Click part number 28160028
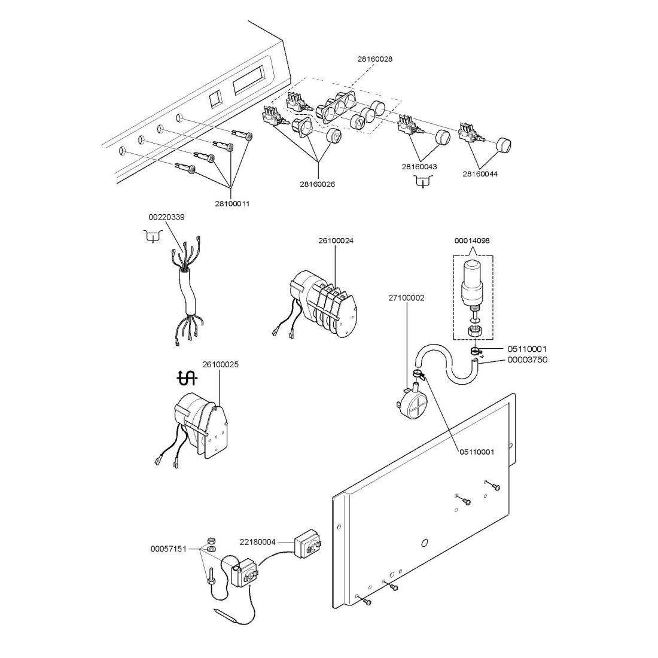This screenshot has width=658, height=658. tap(374, 59)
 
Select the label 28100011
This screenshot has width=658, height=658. tap(232, 203)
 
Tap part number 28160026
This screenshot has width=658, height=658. tap(318, 184)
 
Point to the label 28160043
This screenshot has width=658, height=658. tap(419, 167)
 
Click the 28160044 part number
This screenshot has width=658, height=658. tap(480, 174)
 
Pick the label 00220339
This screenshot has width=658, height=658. tap(166, 217)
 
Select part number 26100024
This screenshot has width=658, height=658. tap(336, 241)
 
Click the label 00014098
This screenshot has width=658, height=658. tap(472, 240)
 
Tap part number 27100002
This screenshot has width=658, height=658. tap(406, 298)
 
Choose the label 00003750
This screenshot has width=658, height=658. tap(527, 360)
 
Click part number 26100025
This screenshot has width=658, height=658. tap(221, 364)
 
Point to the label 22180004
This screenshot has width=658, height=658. tap(258, 542)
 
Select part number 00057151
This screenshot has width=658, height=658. tap(169, 548)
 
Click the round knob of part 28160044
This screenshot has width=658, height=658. tap(506, 145)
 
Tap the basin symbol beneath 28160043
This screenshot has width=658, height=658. tap(423, 181)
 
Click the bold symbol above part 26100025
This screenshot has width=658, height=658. tap(187, 377)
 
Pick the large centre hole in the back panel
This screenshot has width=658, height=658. tap(424, 543)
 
